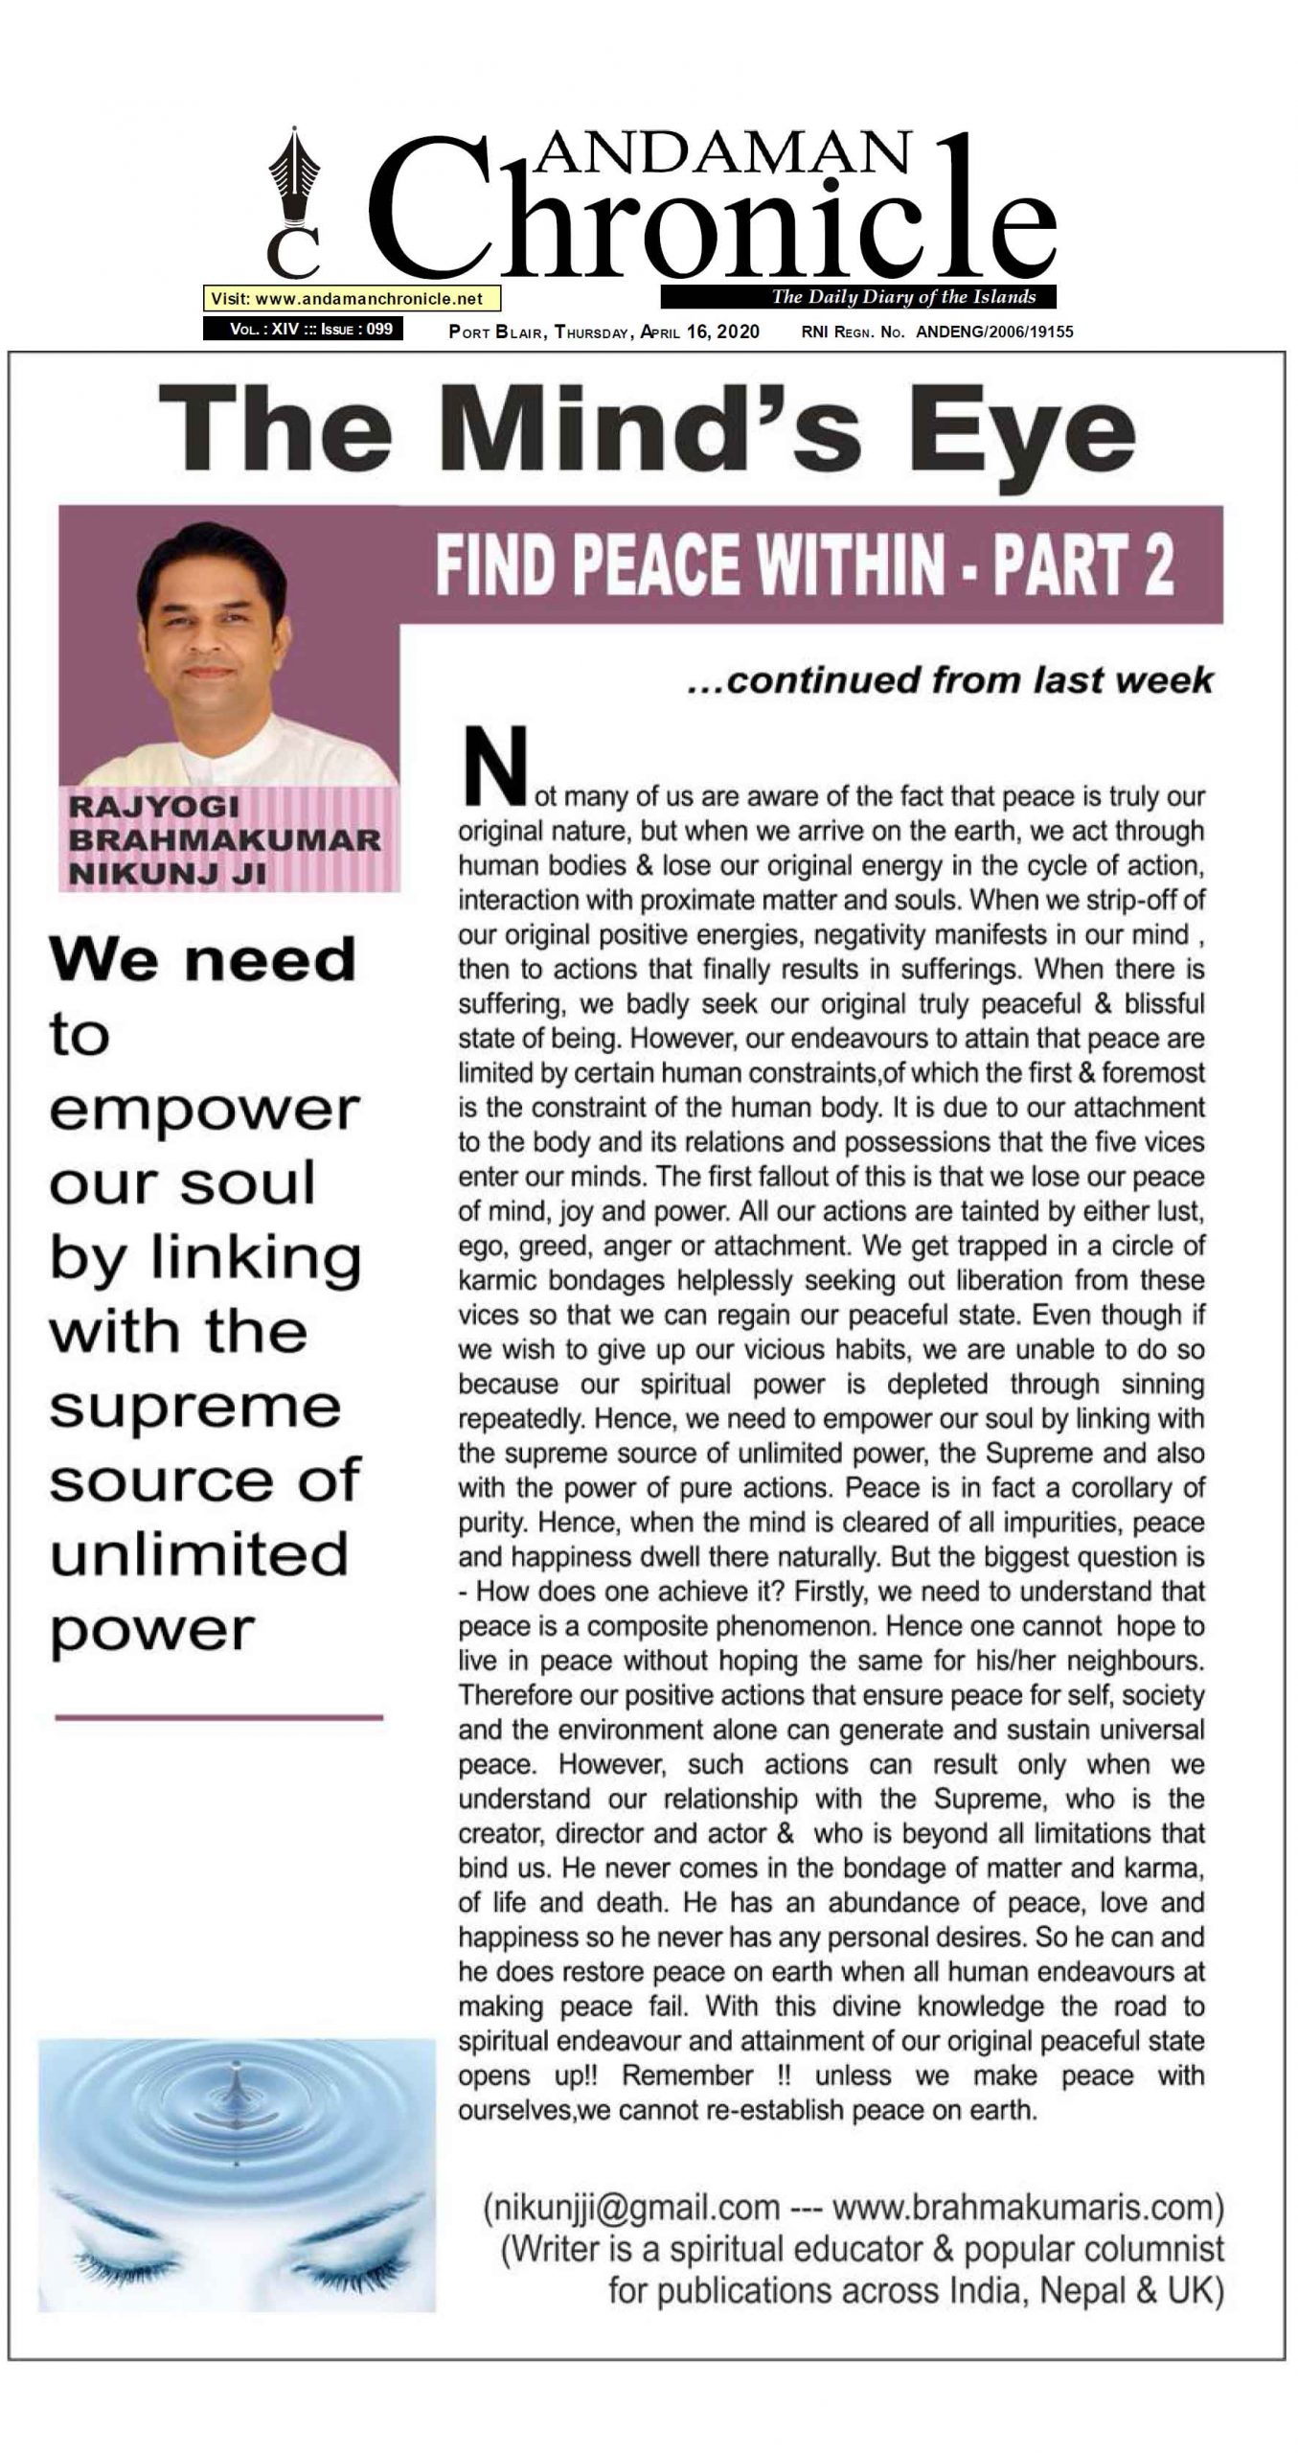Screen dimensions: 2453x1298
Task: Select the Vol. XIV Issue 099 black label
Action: [x=303, y=330]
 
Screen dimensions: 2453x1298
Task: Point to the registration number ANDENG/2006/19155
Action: [x=994, y=332]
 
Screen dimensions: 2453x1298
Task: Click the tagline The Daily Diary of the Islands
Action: [x=903, y=297]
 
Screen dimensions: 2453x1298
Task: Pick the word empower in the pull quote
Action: [x=204, y=1110]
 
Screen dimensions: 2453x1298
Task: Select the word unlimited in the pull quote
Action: [x=199, y=1556]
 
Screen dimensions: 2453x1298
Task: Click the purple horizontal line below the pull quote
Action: [x=218, y=1718]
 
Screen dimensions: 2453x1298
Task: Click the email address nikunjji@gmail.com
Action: [x=632, y=2208]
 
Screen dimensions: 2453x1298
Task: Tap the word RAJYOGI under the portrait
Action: [x=153, y=807]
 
